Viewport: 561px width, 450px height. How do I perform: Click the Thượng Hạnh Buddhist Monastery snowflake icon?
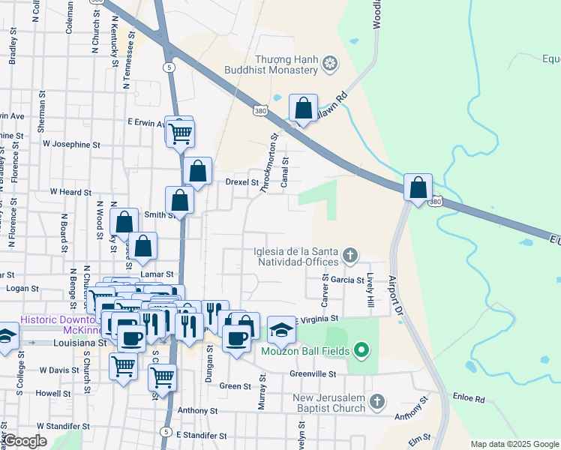(x=328, y=65)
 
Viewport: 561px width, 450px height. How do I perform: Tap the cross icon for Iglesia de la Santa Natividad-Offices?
(x=349, y=256)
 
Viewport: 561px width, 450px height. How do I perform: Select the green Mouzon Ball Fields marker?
(x=361, y=350)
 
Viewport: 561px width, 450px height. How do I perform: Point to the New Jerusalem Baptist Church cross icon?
(x=377, y=402)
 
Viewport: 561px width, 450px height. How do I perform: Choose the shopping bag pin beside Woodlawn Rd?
(x=303, y=109)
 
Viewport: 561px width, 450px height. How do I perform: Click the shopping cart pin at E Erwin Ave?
(x=180, y=133)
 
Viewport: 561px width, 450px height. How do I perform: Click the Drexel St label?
(x=242, y=181)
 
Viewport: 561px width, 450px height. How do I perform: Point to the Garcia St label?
(x=348, y=280)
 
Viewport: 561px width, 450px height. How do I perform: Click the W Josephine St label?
(x=71, y=142)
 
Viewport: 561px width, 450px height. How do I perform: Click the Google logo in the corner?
(x=25, y=441)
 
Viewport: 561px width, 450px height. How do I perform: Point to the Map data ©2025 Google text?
(x=514, y=444)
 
